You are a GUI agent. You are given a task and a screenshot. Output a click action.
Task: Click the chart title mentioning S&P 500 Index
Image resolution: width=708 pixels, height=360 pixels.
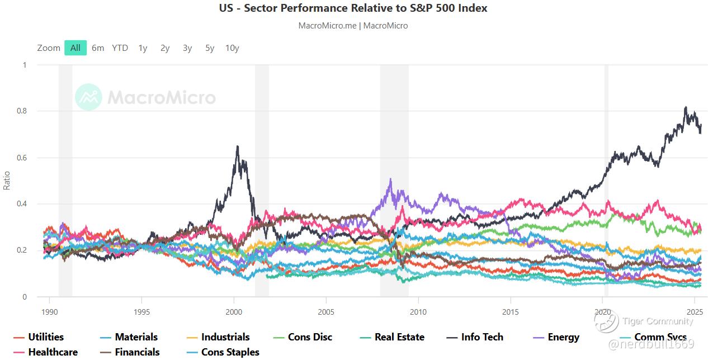(x=353, y=8)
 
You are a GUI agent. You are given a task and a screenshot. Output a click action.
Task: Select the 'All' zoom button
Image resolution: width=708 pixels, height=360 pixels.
(x=75, y=48)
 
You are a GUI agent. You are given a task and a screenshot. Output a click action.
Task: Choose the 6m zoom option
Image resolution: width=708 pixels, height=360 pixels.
(x=98, y=48)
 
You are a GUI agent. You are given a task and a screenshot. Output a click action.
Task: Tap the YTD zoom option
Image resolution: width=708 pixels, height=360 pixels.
(x=120, y=48)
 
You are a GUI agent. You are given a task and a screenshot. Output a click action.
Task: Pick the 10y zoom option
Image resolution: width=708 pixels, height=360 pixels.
(x=232, y=48)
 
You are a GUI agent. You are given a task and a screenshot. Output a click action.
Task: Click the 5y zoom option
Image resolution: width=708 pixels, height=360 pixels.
(x=210, y=48)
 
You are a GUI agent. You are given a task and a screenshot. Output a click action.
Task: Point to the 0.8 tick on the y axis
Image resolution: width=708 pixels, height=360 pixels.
(x=22, y=111)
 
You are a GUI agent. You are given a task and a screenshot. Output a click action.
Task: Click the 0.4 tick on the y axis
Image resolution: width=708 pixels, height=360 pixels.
(x=22, y=204)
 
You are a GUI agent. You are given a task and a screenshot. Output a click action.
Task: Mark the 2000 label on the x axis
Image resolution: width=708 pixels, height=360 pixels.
(x=234, y=312)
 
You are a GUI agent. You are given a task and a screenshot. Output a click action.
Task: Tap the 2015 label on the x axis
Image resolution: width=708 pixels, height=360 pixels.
(x=510, y=312)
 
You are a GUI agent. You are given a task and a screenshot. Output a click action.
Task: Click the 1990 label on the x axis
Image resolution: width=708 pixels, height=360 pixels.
(x=50, y=312)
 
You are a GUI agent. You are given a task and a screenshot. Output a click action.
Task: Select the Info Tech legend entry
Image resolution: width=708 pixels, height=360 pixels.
(x=482, y=337)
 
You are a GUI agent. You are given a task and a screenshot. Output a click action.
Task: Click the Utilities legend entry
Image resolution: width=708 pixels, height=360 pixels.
(x=45, y=337)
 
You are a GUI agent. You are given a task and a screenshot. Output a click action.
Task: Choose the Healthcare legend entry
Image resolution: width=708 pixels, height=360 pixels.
(x=53, y=352)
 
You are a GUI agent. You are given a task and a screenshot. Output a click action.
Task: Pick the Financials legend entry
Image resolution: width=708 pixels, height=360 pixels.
(x=137, y=352)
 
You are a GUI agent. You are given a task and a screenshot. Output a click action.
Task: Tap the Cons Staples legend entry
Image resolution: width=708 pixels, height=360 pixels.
(x=230, y=352)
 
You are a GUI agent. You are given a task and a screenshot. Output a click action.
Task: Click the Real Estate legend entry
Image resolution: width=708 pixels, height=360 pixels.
(x=399, y=337)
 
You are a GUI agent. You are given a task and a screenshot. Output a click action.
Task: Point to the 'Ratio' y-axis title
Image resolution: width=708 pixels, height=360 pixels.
(x=7, y=181)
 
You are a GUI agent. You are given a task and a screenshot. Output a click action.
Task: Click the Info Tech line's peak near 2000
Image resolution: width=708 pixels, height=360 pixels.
(x=238, y=146)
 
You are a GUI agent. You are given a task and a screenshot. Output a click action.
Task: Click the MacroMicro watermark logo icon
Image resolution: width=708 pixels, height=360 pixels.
(x=88, y=97)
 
